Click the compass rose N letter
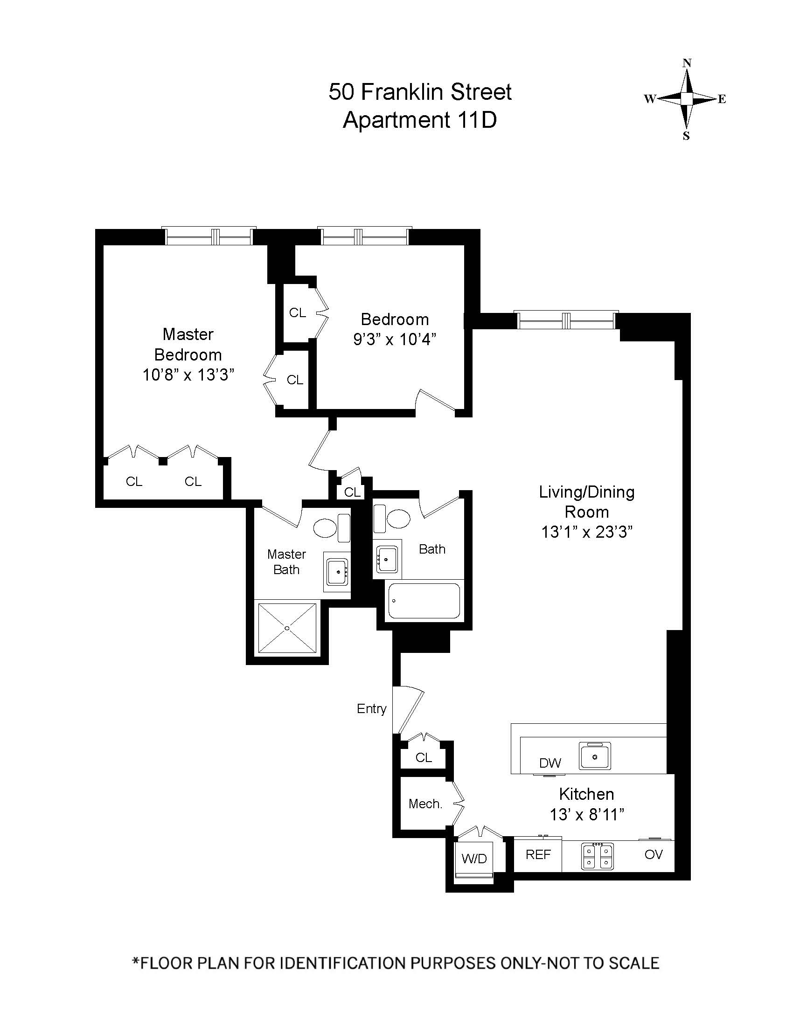(687, 63)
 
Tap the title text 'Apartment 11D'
(419, 120)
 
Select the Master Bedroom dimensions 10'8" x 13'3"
(188, 375)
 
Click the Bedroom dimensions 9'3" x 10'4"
(395, 339)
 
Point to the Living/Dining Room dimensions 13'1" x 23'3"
(587, 532)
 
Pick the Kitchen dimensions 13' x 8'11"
(587, 814)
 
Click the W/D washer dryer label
(474, 859)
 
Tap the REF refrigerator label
(538, 854)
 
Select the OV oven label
(654, 854)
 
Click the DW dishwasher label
(550, 763)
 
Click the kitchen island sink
(595, 756)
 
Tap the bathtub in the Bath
(424, 601)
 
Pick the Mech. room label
(425, 804)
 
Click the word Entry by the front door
(371, 709)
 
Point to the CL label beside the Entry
(423, 757)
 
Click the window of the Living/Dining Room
(566, 321)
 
